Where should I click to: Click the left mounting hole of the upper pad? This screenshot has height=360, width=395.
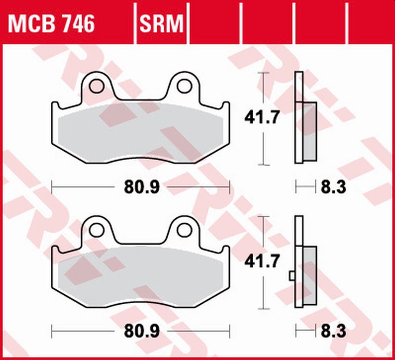pos(96,86)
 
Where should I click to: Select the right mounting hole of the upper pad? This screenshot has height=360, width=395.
pos(183,86)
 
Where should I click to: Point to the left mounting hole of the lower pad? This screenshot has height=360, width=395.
pos(96,229)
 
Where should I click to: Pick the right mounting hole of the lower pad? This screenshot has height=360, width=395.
pos(183,229)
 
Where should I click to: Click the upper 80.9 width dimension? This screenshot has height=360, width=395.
pos(142,186)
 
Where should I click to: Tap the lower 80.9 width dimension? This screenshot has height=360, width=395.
pos(142,332)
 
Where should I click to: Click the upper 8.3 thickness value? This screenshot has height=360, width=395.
pos(333,186)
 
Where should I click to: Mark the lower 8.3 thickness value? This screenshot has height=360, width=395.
pos(333,332)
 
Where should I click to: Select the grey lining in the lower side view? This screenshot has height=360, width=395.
pos(310,275)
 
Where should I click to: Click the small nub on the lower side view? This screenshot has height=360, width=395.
pos(292,274)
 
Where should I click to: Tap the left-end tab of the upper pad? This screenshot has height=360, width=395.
pos(54,108)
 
